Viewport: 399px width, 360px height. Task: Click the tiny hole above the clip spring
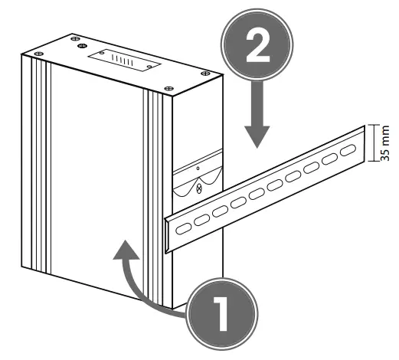click(198, 165)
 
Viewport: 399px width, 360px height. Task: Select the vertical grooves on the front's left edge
click(38, 169)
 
